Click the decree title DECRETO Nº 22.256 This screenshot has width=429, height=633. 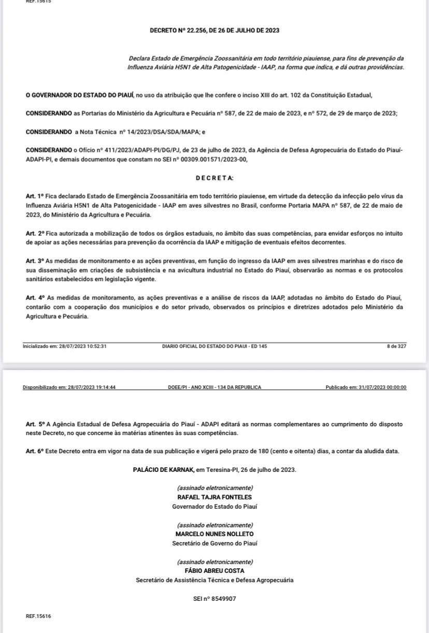[x=214, y=31]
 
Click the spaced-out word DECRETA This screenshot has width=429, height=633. [x=214, y=178]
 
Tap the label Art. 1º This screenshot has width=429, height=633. [x=35, y=196]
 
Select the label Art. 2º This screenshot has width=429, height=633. [x=35, y=234]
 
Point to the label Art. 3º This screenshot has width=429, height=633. [x=35, y=261]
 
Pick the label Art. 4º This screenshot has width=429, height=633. [x=35, y=298]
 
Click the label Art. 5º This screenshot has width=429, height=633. [x=35, y=424]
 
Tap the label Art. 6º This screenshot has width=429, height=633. [x=35, y=451]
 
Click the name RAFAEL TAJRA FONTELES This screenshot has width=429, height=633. [x=214, y=497]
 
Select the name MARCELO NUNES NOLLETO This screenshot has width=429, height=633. [x=214, y=534]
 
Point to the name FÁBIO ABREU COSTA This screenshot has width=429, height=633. [x=214, y=571]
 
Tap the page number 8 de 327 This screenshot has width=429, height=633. [x=396, y=346]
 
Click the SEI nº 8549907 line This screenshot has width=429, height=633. [x=214, y=599]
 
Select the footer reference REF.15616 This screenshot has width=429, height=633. [x=38, y=616]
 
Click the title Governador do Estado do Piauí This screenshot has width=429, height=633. [x=214, y=507]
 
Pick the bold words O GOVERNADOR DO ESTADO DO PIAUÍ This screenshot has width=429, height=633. [x=80, y=95]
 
